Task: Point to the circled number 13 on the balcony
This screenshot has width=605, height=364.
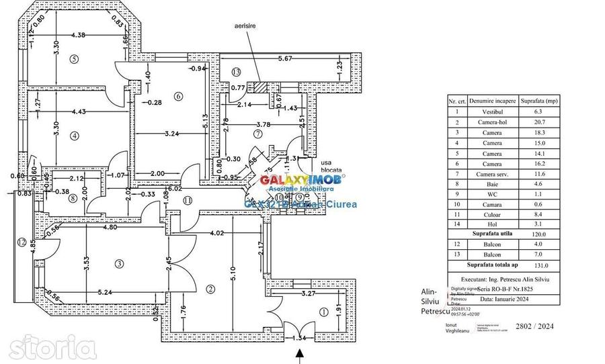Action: click(236, 72)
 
